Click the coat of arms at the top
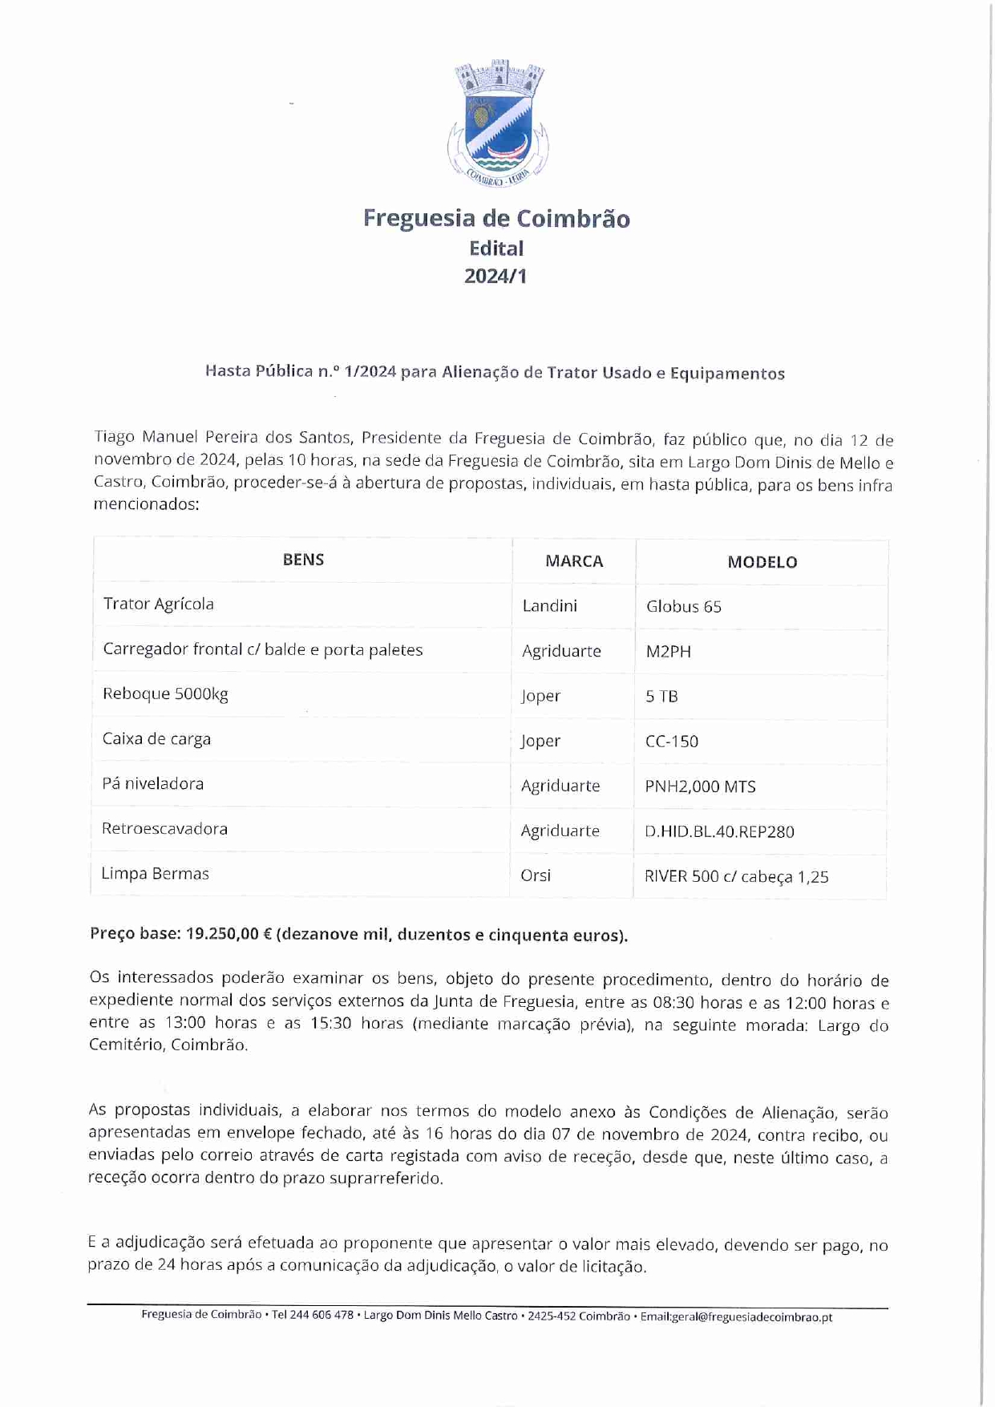pos(498,123)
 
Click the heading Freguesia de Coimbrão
pos(496,218)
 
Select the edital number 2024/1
pos(495,276)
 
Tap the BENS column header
pos(303,560)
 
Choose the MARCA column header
pos(574,561)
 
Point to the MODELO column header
pos(762,562)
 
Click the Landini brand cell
pos(549,605)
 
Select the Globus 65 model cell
pos(683,607)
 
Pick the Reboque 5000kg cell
pos(165,693)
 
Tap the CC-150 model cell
pos(672,742)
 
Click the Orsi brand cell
pos(536,875)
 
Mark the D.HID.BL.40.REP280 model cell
pos(719,831)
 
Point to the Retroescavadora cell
pos(164,829)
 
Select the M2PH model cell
pos(668,652)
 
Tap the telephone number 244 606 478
pos(322,1316)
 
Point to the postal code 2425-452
pos(551,1316)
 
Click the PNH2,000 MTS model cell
pos(700,786)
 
